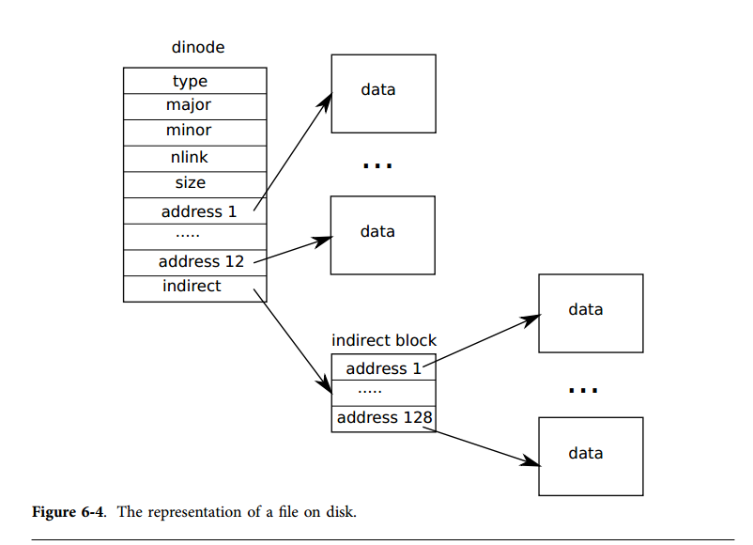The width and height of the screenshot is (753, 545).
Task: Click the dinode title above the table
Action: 197,47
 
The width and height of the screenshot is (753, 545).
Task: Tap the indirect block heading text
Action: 384,340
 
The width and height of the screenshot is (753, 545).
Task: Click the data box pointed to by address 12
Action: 383,235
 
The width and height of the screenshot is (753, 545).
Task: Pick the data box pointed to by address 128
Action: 591,456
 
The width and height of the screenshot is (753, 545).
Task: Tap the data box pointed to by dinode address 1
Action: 383,92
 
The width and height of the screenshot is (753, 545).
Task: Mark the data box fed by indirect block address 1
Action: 591,313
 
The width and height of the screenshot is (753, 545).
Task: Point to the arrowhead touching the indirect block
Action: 326,387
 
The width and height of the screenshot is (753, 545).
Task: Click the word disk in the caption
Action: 342,512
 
